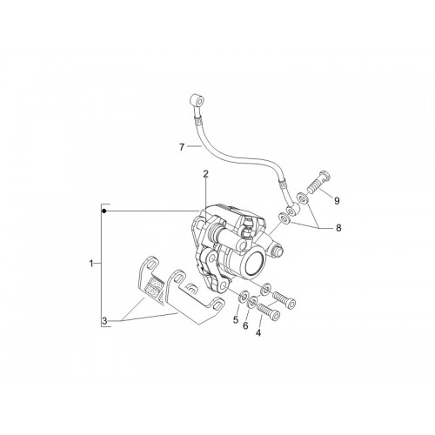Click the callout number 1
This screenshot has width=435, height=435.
(91, 264)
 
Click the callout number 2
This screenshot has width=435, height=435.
(205, 174)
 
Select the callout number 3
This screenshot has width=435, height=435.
(104, 321)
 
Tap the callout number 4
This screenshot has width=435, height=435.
(258, 333)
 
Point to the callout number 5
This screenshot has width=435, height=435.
(236, 320)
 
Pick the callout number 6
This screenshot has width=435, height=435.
(245, 326)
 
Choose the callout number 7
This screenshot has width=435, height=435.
(182, 147)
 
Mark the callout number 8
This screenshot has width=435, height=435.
(338, 228)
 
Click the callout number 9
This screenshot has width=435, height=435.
(337, 201)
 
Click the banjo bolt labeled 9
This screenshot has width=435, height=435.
(319, 183)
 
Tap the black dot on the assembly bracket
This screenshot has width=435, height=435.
(104, 211)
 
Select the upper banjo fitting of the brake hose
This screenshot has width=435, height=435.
(197, 102)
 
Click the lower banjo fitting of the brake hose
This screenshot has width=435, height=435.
(291, 210)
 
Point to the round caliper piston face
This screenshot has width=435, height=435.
(255, 263)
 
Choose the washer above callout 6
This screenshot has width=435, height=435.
(252, 303)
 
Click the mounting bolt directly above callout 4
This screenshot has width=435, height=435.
(268, 311)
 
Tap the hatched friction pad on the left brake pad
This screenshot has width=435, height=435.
(153, 285)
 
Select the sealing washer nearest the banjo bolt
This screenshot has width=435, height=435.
(304, 198)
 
